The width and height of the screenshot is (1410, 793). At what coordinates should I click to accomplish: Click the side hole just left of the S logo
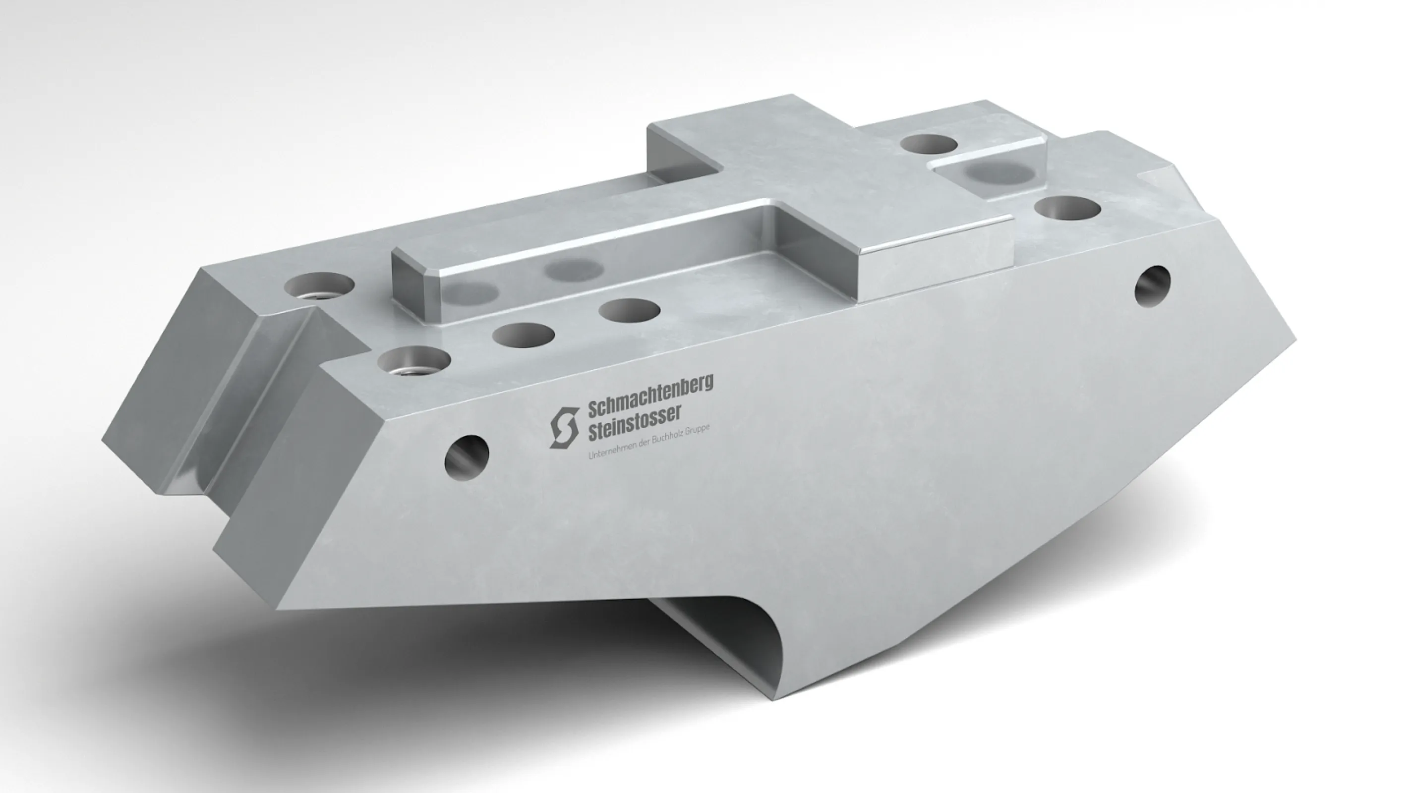point(467,455)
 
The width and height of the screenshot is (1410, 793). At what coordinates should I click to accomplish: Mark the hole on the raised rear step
point(928,145)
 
